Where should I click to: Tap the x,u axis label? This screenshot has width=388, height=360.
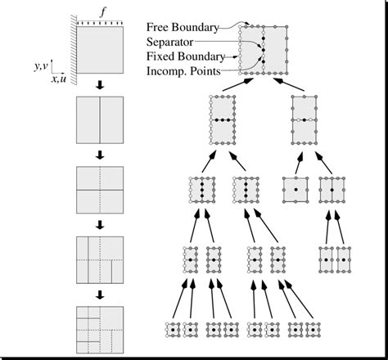(61, 79)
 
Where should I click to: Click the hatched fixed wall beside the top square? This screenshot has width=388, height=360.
(73, 50)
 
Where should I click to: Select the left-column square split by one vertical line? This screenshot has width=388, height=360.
(100, 121)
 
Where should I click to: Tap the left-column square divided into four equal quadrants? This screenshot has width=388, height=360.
(100, 190)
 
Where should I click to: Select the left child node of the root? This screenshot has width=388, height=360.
(223, 120)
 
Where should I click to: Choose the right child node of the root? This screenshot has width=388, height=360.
(304, 120)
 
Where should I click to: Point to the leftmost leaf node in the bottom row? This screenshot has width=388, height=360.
(174, 328)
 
